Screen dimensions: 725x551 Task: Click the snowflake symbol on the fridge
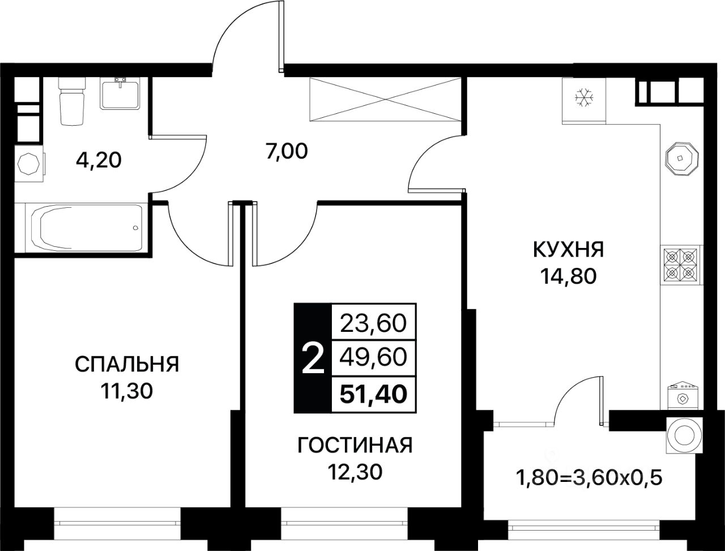coord(583,99)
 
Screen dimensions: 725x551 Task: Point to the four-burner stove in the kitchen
coord(680,265)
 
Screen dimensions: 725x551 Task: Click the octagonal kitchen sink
coord(679,159)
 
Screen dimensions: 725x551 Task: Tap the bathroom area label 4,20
coord(99,161)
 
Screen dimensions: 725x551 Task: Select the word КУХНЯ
coord(568,249)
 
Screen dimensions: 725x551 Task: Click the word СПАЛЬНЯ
coord(127,365)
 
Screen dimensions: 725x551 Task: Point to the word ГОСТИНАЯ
coord(355,446)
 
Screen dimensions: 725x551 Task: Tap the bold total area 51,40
coord(373,392)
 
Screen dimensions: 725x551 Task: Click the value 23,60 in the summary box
coord(373,323)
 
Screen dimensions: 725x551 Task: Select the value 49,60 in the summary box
coord(373,357)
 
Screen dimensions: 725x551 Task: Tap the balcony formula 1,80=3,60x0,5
coord(588,477)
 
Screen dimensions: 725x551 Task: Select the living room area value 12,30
coord(355,472)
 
